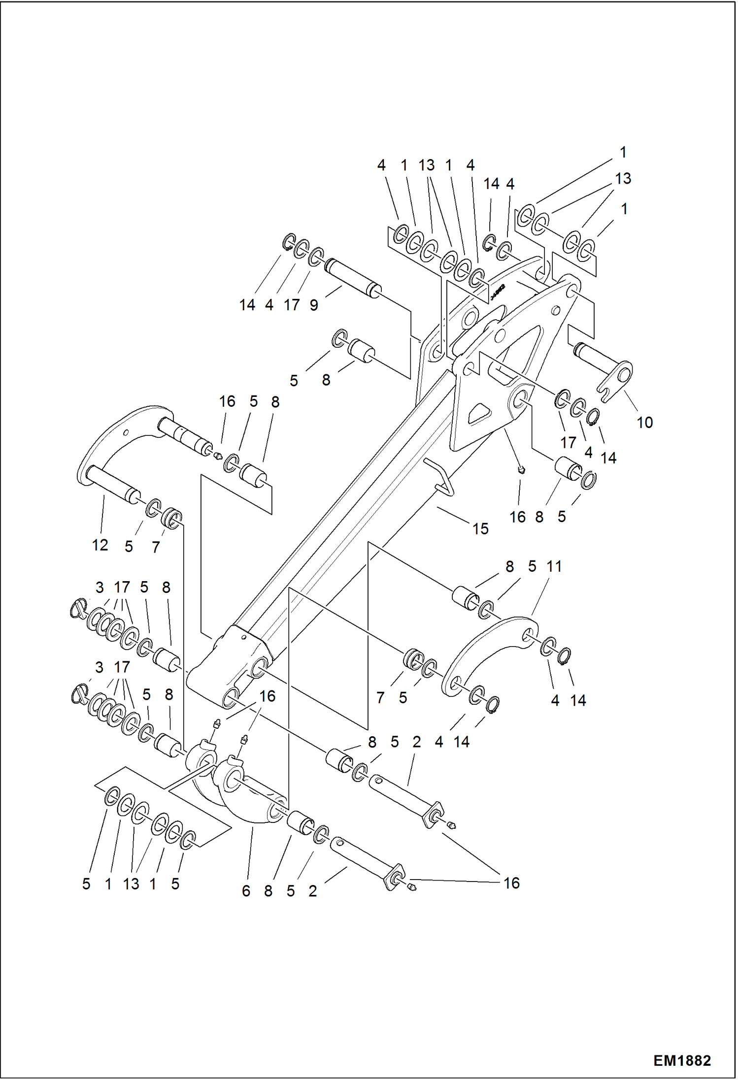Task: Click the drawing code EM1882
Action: click(682, 1060)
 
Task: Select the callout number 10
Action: click(644, 422)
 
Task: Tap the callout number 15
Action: click(480, 529)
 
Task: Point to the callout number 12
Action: click(100, 545)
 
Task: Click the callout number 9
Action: click(314, 305)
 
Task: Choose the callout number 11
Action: click(554, 566)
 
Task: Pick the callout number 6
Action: click(246, 891)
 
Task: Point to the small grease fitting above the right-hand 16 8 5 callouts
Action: click(523, 471)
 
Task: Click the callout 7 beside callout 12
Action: click(156, 547)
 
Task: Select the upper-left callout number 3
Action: click(100, 588)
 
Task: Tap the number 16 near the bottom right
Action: click(511, 883)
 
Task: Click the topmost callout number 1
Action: click(623, 153)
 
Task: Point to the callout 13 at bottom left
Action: click(131, 884)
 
